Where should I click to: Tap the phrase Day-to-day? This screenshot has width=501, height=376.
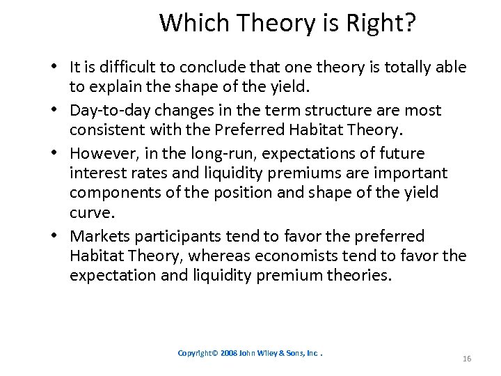(105, 110)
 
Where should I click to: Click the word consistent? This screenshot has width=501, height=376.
(103, 130)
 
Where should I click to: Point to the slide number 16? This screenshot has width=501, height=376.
(466, 359)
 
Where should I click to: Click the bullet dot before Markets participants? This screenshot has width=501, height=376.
(54, 236)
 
